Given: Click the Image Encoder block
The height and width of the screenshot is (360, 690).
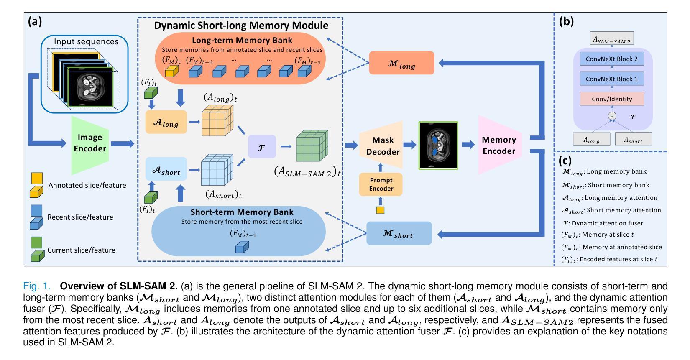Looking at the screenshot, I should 90,143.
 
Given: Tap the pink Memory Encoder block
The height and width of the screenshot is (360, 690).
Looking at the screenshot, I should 499,145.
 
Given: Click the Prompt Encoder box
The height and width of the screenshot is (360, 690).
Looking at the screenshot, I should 381,184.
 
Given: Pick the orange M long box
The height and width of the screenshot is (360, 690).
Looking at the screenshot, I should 401,63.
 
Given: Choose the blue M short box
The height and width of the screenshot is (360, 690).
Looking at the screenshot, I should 399,233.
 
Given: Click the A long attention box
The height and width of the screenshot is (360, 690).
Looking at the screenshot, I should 166,123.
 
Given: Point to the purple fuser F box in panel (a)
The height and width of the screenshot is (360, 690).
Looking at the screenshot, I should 262,147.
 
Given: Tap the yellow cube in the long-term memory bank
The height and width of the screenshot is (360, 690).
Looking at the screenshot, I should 171,72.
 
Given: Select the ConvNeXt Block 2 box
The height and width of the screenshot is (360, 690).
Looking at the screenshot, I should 611,59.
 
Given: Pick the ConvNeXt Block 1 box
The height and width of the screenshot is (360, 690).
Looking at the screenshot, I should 611,79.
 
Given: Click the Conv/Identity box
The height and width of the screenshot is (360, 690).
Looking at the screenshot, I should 611,99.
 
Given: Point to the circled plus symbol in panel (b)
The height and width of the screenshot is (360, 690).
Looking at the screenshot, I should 612,116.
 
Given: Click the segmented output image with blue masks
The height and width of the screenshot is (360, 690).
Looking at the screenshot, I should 439,145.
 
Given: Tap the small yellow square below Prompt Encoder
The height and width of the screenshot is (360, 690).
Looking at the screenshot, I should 380,210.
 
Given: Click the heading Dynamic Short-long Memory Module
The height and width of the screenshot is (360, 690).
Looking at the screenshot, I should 241,26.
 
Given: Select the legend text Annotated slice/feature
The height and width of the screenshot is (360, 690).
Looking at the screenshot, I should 87,185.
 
